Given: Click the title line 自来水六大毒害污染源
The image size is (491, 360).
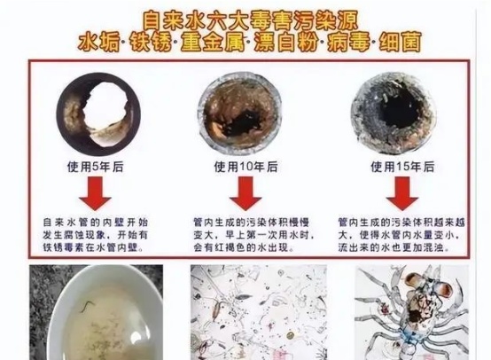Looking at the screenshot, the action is [250, 21].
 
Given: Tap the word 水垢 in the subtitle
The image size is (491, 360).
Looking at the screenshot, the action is [99, 43].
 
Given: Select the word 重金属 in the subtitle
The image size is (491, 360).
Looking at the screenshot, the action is [213, 43].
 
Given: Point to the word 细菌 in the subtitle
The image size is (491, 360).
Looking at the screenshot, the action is [399, 43].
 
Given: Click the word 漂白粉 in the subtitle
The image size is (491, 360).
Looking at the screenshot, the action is [285, 43].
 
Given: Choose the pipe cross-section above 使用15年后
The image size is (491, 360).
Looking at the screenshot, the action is [394, 113].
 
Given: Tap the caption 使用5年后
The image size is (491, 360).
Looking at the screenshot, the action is [96, 167].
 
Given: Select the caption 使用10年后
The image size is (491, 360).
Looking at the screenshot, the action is [245, 167].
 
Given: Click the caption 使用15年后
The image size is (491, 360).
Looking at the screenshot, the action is [402, 167].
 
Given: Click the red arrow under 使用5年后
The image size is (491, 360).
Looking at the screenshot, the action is [95, 193].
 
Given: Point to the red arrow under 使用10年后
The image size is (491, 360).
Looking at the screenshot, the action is [245, 193].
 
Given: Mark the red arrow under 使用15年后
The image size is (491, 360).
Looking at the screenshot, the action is [402, 193].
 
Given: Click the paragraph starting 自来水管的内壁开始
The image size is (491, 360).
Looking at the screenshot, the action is [95, 235].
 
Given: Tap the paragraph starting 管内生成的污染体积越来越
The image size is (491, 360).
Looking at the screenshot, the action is [401, 235].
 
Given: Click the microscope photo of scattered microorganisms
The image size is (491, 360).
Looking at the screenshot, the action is [259, 312].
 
